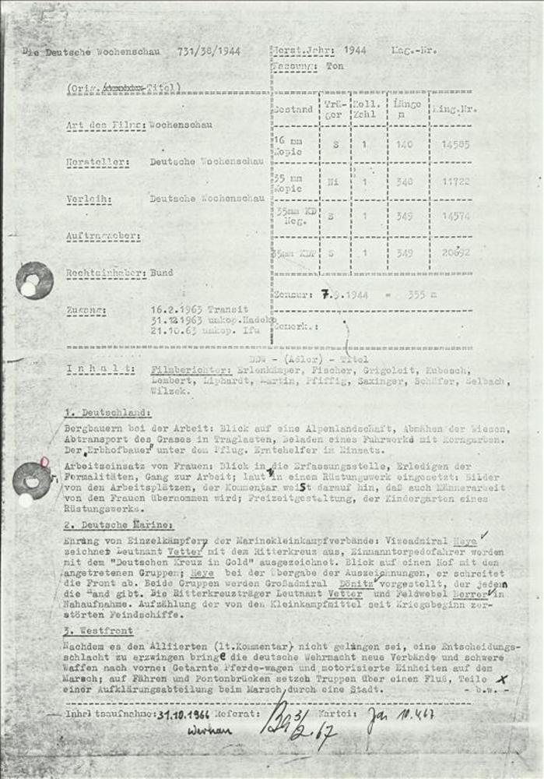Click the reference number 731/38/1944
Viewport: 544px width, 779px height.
tap(209, 51)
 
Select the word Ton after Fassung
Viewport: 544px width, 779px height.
tap(335, 67)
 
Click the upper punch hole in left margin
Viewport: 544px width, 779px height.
tap(34, 280)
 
